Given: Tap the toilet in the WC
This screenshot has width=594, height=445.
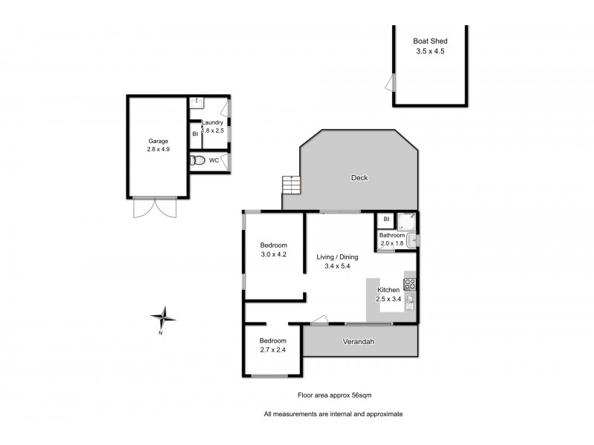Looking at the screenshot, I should pyautogui.click(x=198, y=160).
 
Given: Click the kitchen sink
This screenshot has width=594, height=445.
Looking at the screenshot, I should pyautogui.click(x=409, y=300).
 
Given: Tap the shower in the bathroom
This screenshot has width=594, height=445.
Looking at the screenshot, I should pyautogui.click(x=406, y=220).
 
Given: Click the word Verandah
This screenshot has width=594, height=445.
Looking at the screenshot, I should pyautogui.click(x=357, y=342).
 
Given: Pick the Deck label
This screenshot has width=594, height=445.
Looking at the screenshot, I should pyautogui.click(x=359, y=177).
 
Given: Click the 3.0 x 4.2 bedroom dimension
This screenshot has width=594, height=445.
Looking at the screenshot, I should pyautogui.click(x=273, y=255).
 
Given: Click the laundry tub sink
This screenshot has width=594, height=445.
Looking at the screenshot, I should pyautogui.click(x=196, y=100).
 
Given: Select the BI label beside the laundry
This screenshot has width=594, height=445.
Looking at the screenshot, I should pyautogui.click(x=195, y=134).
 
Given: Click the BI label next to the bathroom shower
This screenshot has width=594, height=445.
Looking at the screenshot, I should pyautogui.click(x=386, y=220).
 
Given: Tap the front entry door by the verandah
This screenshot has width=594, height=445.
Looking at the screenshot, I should pyautogui.click(x=319, y=320).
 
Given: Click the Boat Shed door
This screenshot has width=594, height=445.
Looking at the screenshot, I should pyautogui.click(x=390, y=82).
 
